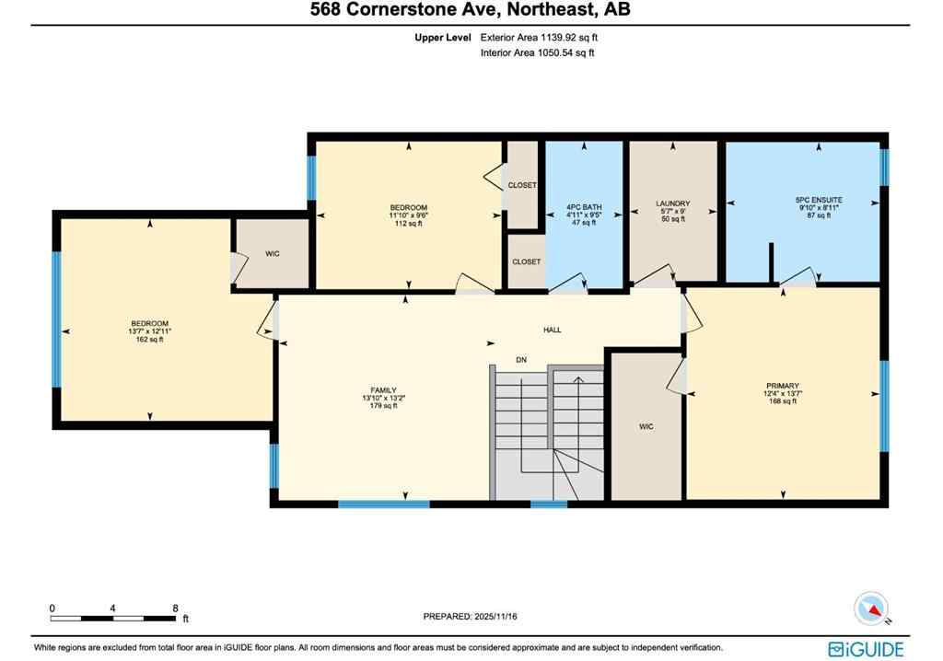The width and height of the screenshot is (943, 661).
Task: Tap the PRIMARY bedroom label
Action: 782,386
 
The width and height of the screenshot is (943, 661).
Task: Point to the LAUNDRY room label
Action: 672,203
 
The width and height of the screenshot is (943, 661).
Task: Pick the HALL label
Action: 552,330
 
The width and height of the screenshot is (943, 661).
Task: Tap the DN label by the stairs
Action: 519,360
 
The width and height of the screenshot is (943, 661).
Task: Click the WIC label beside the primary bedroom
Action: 646,426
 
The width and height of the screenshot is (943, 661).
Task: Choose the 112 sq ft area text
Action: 408,224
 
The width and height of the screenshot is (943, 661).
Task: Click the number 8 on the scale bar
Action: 174,609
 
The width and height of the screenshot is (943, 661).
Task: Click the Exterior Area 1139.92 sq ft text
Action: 544,38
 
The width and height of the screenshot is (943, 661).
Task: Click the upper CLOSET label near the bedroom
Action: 522,185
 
